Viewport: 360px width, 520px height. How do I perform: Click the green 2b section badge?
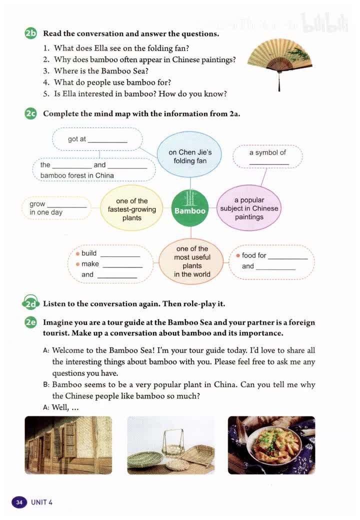(x=30, y=34)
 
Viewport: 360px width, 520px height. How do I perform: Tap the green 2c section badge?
(x=30, y=113)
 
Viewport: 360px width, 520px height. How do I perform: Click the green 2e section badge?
(x=30, y=323)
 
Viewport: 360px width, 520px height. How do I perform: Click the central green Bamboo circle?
(x=190, y=207)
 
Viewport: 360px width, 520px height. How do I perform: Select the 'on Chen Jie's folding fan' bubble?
(x=190, y=156)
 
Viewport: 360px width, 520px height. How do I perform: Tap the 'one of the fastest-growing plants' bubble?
(x=132, y=208)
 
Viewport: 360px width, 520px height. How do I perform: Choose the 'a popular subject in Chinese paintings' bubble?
(x=249, y=208)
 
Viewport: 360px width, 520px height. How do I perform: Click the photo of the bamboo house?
(x=68, y=445)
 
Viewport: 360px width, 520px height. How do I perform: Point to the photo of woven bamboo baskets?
(x=170, y=445)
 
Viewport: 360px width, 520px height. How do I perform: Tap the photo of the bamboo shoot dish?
(x=271, y=445)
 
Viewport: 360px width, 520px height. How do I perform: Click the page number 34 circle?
(x=19, y=502)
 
